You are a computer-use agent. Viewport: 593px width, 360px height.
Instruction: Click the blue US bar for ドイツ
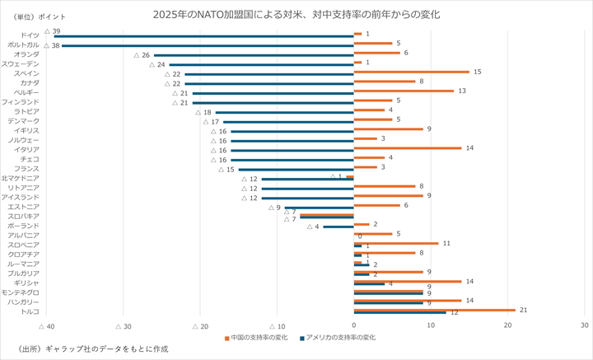pos(203,36)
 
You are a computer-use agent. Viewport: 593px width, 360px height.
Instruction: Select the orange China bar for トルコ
pos(434,309)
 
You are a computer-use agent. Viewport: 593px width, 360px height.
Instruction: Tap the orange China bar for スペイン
pos(411,72)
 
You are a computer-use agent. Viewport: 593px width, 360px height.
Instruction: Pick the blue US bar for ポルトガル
pos(208,46)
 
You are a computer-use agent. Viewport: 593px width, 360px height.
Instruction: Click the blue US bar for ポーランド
pos(338,227)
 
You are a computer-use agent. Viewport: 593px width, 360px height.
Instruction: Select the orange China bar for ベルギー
pos(404,91)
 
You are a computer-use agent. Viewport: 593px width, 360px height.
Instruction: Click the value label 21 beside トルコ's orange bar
pos(522,309)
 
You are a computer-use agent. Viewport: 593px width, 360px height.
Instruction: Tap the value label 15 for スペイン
pos(477,72)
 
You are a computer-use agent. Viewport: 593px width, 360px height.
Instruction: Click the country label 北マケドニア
pos(20,178)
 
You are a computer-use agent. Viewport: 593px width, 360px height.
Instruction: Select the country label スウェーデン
pos(20,63)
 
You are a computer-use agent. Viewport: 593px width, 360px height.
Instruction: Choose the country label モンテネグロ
pos(20,292)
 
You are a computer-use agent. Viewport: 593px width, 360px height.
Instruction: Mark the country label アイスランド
pos(20,197)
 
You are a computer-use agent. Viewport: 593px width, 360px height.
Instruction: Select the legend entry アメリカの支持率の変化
pos(339,338)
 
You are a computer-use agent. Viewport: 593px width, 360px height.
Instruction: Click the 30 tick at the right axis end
pos(584,326)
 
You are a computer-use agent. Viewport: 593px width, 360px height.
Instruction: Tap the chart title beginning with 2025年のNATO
pos(296,15)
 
